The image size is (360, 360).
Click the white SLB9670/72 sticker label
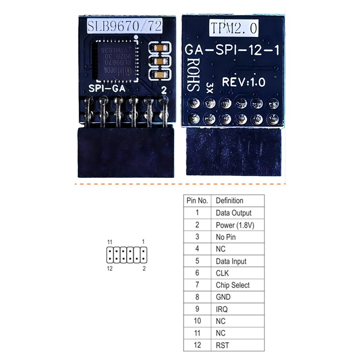(124, 26)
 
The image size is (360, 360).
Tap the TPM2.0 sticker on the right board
(234, 28)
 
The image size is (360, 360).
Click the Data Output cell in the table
(233, 213)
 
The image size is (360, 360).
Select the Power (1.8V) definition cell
(235, 225)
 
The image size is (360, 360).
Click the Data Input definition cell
(231, 261)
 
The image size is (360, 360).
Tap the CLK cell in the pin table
(222, 273)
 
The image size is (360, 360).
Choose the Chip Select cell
(233, 285)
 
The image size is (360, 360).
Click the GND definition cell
(223, 297)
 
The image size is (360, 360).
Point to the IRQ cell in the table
(222, 309)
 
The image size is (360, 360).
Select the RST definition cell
(222, 345)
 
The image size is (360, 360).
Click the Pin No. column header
(197, 200)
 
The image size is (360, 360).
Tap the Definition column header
(230, 200)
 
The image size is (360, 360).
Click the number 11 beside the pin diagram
(110, 241)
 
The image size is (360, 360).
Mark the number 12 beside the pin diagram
(110, 268)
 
